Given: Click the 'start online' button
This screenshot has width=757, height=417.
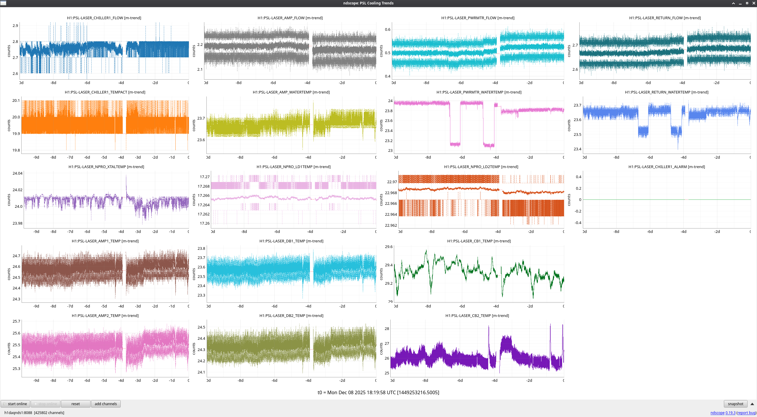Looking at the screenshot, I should [x=15, y=404].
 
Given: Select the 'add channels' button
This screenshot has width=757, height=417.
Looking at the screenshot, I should [x=106, y=404].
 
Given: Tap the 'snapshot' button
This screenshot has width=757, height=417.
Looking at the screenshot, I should [x=735, y=404].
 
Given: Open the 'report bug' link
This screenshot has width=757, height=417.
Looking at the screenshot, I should [x=746, y=413].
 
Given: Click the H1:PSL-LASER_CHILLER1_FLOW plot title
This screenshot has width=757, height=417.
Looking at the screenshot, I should [x=104, y=18].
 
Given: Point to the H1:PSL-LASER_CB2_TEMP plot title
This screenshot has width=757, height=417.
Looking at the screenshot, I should [x=477, y=316].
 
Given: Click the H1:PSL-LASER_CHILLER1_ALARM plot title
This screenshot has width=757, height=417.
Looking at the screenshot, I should [x=667, y=167].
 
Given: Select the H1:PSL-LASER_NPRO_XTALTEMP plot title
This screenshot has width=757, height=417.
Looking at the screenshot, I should [x=106, y=167].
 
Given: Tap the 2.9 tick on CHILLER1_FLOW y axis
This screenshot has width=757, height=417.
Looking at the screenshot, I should [x=15, y=26].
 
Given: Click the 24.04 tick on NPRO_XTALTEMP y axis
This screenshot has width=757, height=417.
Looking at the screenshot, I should [x=17, y=173].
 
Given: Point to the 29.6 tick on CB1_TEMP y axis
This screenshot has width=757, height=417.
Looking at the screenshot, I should [x=389, y=247].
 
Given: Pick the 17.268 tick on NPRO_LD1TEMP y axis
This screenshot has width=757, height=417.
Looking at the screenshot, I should [x=203, y=186].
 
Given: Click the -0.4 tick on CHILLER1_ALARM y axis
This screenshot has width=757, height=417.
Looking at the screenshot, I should [x=578, y=223].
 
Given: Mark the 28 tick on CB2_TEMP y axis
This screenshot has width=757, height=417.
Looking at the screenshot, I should [x=387, y=329].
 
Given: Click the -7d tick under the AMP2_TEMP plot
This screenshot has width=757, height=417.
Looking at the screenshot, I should [x=70, y=381].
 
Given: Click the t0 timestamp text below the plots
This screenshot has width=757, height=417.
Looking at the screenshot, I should [x=378, y=393].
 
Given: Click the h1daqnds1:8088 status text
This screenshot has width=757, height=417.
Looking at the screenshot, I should [x=18, y=413].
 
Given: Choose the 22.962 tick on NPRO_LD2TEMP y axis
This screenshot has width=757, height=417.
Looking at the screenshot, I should [x=391, y=226].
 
